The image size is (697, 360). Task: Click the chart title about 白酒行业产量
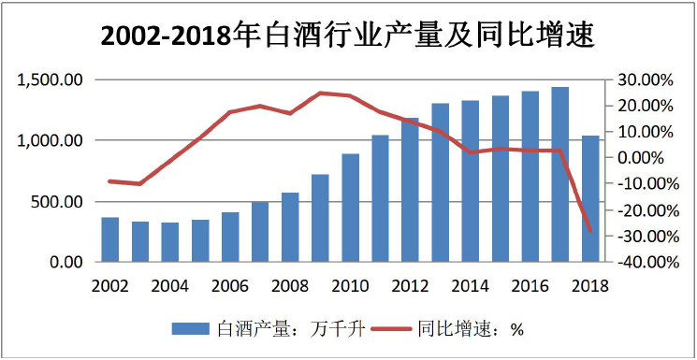tap(348, 35)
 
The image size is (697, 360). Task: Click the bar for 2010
tap(350, 208)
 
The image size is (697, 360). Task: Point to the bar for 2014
tap(471, 181)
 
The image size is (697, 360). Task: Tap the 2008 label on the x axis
tap(290, 284)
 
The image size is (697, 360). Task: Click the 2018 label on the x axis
tap(590, 284)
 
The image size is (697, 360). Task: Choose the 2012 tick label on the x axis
tap(410, 284)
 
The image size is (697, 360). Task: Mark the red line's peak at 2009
tap(320, 93)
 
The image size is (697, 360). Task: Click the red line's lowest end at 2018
tap(590, 230)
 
